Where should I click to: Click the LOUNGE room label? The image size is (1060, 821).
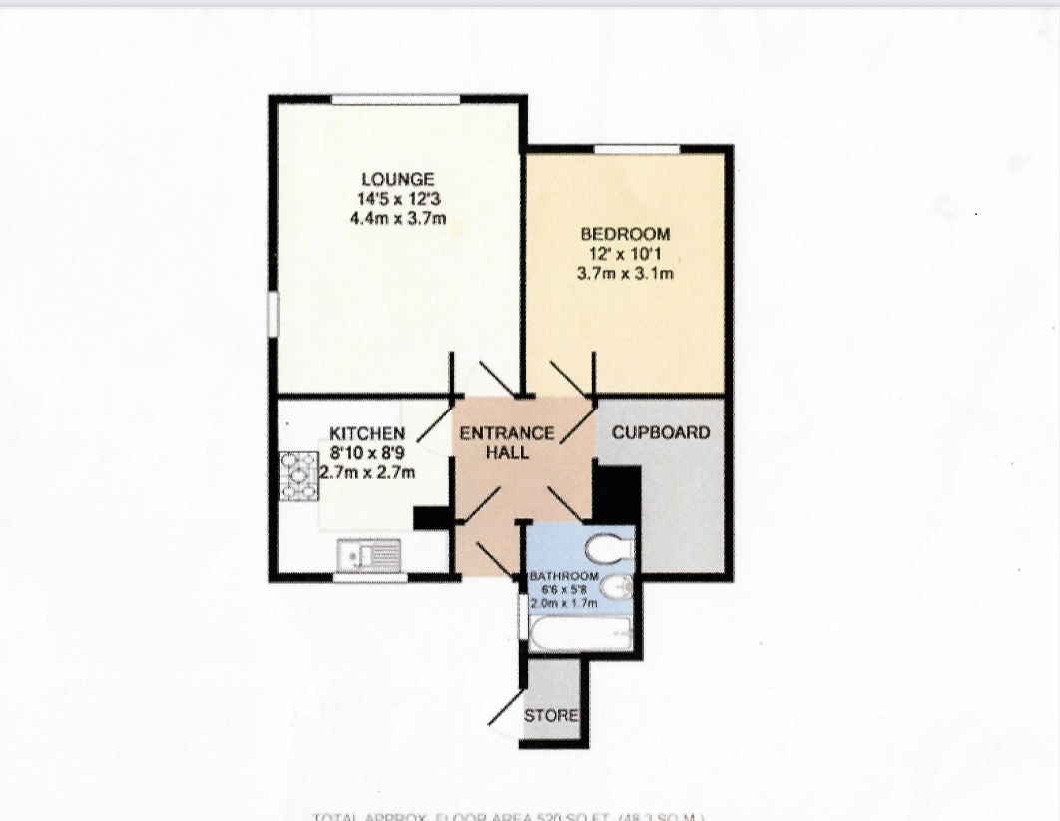397,179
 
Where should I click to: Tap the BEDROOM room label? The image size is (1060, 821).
626,234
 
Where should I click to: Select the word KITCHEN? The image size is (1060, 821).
367,433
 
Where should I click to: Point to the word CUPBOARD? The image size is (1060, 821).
661,433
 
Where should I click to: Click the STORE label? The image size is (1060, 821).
551,716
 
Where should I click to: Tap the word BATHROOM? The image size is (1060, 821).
564,577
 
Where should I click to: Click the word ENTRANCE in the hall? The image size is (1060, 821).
506,433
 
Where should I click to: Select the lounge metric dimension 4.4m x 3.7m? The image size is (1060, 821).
397,217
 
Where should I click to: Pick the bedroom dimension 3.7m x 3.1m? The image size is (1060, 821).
626,272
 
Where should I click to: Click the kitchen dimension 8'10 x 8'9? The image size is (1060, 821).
367,453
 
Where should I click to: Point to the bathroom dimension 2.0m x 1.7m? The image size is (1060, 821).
564,603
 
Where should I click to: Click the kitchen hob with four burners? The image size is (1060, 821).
296,475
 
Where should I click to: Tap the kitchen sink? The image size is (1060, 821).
369,552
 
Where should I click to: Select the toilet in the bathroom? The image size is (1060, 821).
609,548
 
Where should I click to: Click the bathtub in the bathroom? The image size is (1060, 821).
579,632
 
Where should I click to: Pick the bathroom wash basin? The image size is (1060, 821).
618,588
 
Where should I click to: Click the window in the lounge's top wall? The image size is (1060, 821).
396,98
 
